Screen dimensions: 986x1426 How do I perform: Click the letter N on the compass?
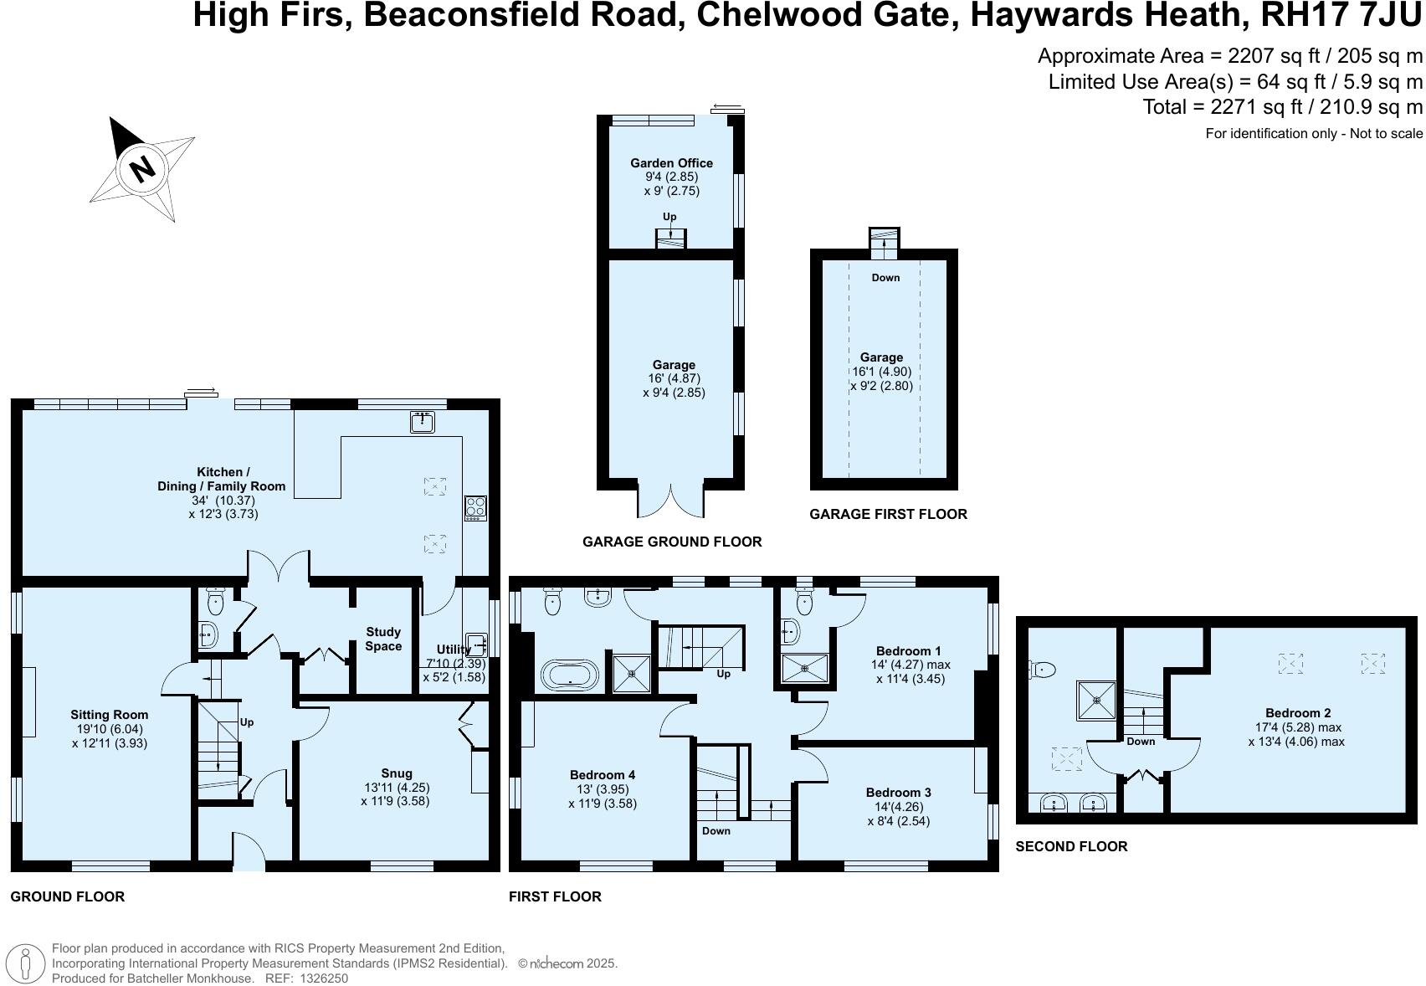[143, 169]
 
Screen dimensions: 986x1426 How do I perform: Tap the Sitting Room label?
[109, 715]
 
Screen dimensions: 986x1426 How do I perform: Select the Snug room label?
[396, 773]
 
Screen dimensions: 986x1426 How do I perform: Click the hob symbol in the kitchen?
[475, 507]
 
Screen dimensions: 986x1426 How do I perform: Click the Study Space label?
[383, 639]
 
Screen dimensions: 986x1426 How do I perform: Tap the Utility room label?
[453, 650]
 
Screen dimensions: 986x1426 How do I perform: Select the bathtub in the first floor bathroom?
[570, 675]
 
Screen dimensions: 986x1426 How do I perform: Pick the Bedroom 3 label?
[898, 793]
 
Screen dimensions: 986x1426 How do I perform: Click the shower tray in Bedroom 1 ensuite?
[804, 668]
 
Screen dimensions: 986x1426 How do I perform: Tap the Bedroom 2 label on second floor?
[1297, 713]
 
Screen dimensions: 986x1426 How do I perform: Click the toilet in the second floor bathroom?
[1043, 669]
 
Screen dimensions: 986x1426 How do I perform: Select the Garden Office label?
[671, 163]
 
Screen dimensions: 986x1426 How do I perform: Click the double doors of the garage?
[671, 503]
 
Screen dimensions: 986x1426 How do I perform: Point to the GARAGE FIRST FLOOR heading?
[888, 514]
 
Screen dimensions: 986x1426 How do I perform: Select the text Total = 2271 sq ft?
[1228, 107]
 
